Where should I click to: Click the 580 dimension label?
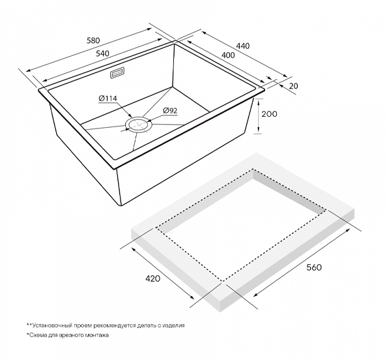pos(93,40)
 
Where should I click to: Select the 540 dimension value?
pos(102,53)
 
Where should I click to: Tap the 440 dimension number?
pos(243,46)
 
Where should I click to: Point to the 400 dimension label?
pos(228,55)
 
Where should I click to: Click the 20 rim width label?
pos(293,86)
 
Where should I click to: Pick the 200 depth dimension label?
pos(269,114)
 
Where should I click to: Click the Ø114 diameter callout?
pos(108,98)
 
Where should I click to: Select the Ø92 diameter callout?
pos(170,111)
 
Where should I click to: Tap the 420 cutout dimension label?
pos(152,278)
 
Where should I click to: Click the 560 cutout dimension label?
pos(314,267)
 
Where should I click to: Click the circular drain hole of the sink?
pos(139,124)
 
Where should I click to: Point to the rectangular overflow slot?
pos(117,73)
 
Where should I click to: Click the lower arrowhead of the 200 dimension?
pos(258,132)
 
